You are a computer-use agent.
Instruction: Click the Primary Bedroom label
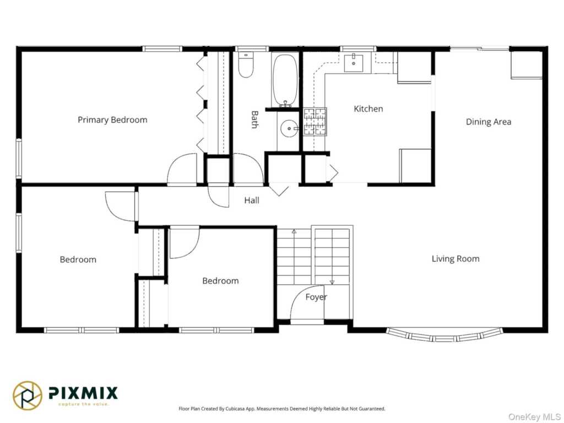click(x=112, y=120)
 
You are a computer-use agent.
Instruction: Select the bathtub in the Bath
click(x=285, y=80)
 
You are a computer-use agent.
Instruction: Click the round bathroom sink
click(x=289, y=129)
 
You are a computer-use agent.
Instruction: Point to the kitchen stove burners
click(x=315, y=122)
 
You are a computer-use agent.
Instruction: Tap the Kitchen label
click(x=368, y=109)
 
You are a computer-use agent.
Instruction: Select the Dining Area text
click(x=489, y=122)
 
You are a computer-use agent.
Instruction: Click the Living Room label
click(x=455, y=259)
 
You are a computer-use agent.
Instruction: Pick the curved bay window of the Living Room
click(x=443, y=337)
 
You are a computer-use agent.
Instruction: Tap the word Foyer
click(x=316, y=297)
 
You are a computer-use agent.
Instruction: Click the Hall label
click(x=252, y=200)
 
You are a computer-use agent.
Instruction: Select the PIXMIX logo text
click(x=83, y=393)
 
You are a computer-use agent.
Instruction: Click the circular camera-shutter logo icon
click(x=28, y=395)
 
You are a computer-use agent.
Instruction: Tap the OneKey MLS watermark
click(x=534, y=417)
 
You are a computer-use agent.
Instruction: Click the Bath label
click(x=254, y=120)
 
